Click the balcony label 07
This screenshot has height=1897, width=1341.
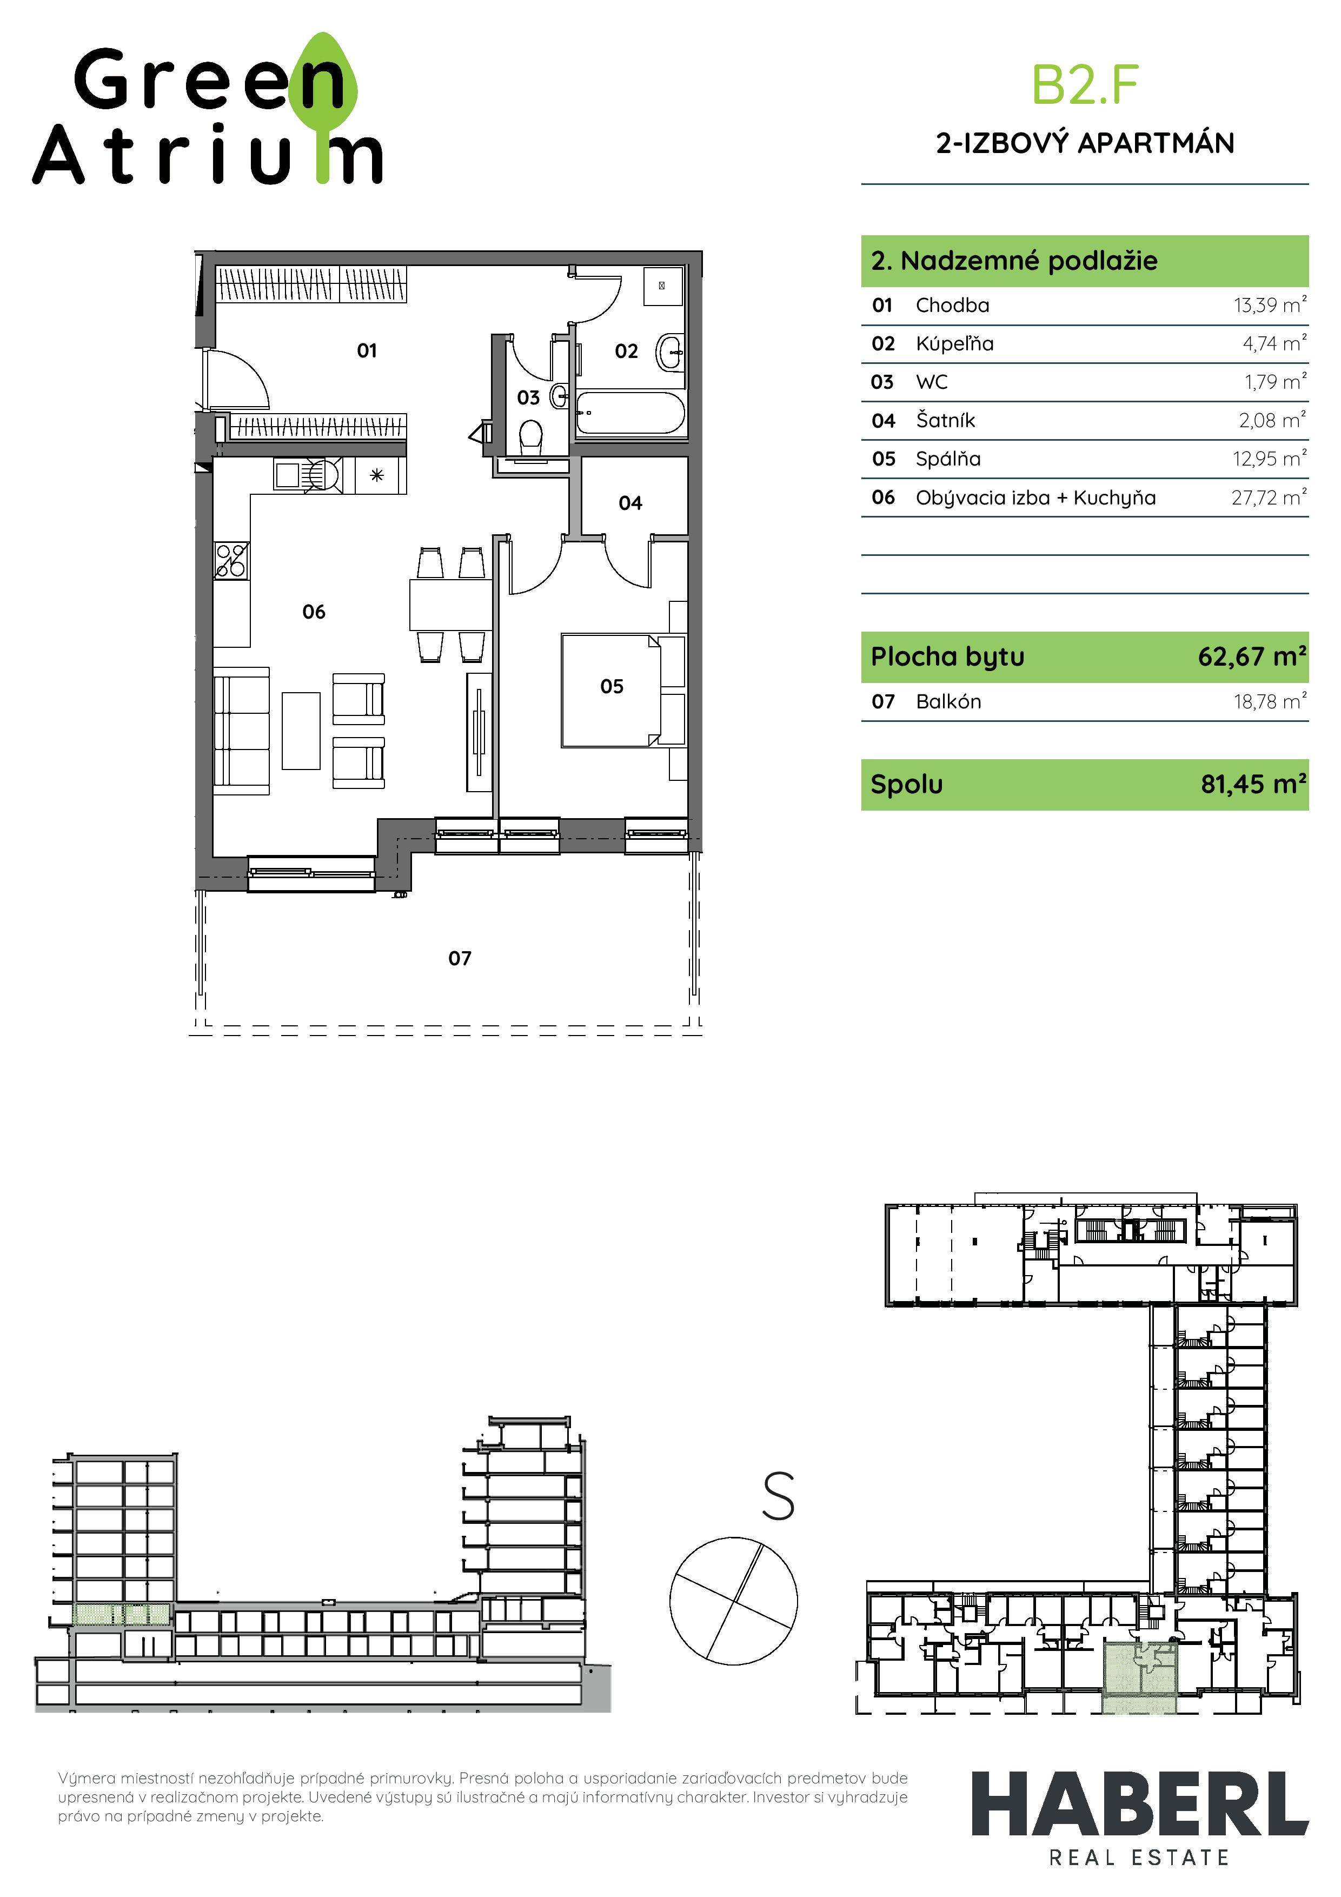point(460,958)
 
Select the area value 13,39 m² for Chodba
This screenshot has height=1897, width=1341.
point(1270,305)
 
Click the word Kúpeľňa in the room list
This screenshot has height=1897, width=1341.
point(954,344)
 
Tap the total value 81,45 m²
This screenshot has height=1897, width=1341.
point(1253,784)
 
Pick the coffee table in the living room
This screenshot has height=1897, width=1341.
point(301,731)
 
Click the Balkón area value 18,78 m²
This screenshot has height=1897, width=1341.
point(1270,701)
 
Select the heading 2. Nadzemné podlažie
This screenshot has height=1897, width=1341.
point(1014,261)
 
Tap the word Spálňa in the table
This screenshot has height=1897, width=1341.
point(948,459)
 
